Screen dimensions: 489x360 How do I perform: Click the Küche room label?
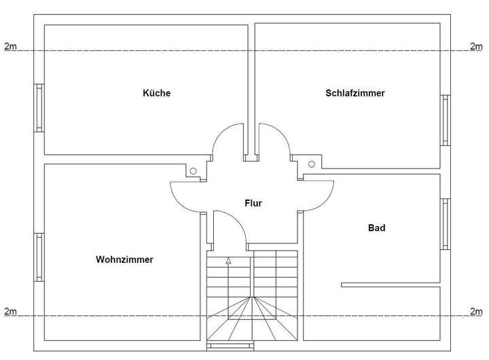pos(157,93)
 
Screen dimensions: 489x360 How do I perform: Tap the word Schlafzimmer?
pos(355,93)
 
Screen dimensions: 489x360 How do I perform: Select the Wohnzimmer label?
pos(124,259)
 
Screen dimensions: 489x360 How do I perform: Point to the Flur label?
pos(253,203)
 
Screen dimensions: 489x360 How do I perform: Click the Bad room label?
pos(377,228)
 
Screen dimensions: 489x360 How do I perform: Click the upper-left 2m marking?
pos(10,46)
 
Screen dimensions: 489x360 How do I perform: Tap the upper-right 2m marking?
pos(476,46)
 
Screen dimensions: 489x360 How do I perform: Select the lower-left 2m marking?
pos(10,311)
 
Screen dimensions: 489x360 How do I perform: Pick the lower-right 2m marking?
pos(476,311)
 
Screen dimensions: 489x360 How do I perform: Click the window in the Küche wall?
pos(39,108)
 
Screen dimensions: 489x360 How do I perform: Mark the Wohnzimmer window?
pos(39,257)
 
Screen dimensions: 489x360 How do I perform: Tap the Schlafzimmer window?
pos(446,120)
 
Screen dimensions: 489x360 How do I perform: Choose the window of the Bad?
pos(446,224)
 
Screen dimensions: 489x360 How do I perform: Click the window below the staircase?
pos(230,346)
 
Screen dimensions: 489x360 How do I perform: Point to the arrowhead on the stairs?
pos(229,261)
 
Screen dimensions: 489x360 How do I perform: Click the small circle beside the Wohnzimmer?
pos(194,171)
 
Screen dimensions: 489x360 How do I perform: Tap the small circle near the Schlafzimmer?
pos(312,164)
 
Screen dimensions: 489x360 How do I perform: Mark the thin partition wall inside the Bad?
pos(391,285)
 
